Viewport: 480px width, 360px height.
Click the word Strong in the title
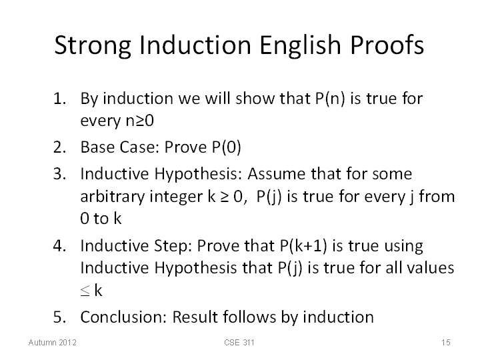coord(93,45)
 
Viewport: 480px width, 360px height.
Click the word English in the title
coord(300,45)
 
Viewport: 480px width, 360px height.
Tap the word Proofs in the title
coord(387,45)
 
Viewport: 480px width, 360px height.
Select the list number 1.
coord(59,99)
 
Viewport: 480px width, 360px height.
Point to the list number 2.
coord(59,147)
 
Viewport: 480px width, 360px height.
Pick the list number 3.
coord(59,173)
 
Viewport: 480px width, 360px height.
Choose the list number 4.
coord(59,245)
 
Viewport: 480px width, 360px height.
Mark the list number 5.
coord(59,317)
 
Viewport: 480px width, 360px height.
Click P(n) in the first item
coord(330,99)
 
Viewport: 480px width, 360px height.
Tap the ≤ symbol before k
coord(85,291)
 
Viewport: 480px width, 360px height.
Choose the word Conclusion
coord(123,317)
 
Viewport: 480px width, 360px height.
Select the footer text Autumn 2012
coord(53,342)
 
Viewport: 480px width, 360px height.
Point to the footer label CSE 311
coord(239,342)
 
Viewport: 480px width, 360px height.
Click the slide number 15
coord(446,342)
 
